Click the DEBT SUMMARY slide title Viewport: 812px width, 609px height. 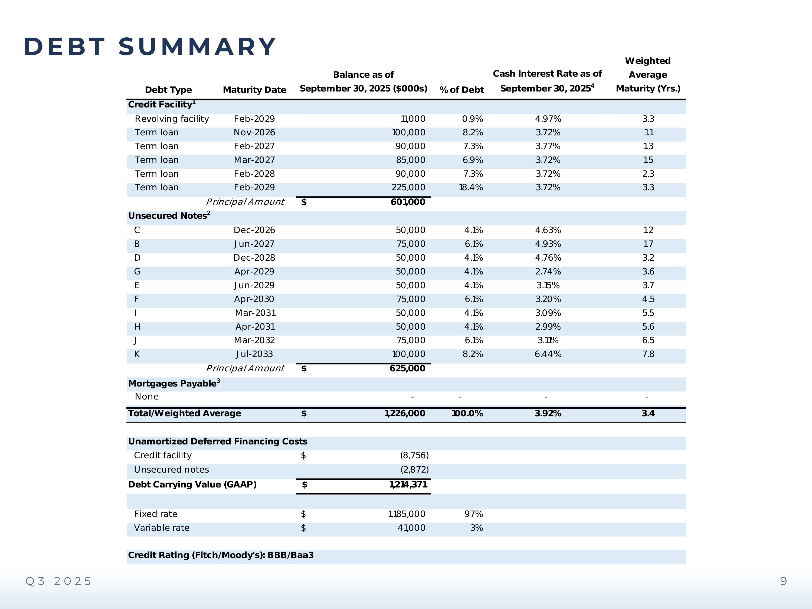click(150, 47)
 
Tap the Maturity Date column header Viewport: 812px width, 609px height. click(254, 90)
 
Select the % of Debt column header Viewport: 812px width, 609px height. click(461, 90)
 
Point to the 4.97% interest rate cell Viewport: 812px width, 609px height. click(548, 119)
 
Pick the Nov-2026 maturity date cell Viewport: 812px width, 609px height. click(254, 133)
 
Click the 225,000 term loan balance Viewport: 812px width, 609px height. click(408, 188)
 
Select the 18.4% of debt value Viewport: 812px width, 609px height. click(471, 188)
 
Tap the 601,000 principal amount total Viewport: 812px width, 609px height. click(408, 202)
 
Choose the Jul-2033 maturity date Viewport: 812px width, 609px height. click(254, 354)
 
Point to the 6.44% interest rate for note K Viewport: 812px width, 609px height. click(548, 354)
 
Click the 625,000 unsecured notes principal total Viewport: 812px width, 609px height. click(407, 369)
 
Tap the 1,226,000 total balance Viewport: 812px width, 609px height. click(405, 414)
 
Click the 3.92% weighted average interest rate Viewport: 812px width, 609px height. click(548, 414)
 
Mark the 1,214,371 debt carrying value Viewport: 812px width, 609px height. click(408, 484)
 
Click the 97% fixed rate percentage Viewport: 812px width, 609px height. click(474, 514)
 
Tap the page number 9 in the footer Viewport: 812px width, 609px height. click(783, 581)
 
